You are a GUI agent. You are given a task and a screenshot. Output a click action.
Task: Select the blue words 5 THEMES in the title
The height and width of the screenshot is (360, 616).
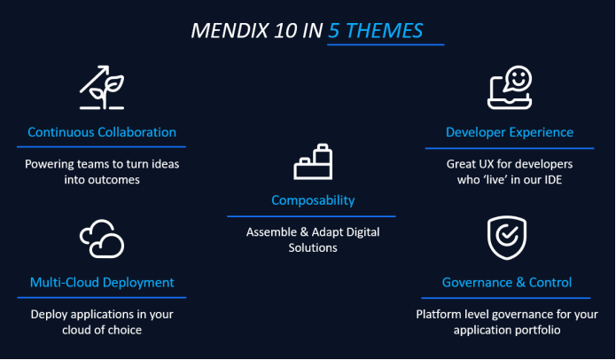377,31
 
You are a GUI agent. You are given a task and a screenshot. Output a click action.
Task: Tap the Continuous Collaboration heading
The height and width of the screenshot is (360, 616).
102,132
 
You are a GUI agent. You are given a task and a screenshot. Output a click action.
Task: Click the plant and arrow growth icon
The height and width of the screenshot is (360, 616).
101,88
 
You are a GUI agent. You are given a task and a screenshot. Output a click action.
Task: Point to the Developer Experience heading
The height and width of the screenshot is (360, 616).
509,132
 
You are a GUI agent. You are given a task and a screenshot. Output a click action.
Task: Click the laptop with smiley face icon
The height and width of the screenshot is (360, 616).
510,87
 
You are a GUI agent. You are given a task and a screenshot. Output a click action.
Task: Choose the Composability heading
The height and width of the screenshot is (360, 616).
312,200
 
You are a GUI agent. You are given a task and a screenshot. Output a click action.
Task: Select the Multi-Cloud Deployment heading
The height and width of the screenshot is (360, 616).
101,283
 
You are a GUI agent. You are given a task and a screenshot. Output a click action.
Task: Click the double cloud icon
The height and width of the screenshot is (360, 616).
101,238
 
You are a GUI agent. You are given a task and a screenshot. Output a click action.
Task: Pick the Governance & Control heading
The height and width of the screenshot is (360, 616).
507,283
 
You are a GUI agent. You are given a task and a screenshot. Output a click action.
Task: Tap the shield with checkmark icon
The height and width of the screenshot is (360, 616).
507,238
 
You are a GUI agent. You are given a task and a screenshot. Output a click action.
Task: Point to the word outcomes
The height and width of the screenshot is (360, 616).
117,180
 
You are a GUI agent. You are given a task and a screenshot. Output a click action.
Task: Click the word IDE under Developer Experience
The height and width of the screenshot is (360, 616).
553,180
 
